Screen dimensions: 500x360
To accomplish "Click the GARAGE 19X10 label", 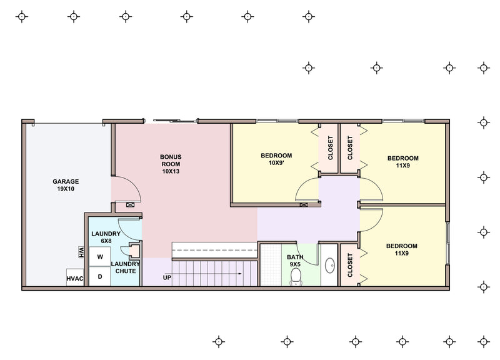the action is point(66,185).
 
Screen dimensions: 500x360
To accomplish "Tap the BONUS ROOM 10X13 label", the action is point(171,164).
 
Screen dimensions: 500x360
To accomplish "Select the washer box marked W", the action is point(100,257).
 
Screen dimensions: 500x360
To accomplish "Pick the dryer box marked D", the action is point(100,276).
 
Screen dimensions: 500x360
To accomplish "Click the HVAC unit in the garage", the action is point(75,277).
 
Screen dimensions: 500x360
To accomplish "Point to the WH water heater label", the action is point(81,252).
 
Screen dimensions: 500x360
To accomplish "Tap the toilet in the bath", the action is point(296,277).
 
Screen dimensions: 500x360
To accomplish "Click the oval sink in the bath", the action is point(330,265).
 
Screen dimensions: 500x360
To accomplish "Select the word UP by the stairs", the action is point(167,277).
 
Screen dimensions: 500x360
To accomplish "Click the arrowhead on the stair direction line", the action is point(240,274).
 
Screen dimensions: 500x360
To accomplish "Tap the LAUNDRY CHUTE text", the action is point(126,267).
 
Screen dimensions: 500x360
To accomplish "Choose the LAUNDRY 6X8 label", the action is point(106,237).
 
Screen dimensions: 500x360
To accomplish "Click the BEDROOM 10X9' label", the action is point(276,159).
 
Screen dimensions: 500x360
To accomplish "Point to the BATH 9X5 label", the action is point(295,261).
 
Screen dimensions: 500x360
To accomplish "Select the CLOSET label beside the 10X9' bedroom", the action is point(331,148).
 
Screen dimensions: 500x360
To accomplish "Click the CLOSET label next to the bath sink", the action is point(350,265).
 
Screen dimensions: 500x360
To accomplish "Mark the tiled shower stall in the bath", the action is point(271,265).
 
